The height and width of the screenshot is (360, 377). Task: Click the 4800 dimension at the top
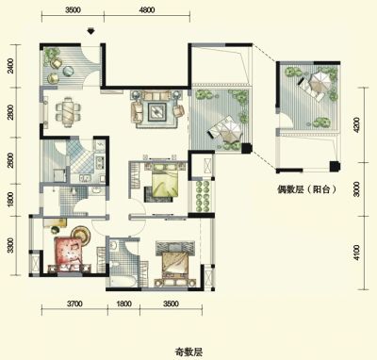point(147,10)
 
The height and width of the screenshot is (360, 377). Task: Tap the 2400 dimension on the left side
point(11,66)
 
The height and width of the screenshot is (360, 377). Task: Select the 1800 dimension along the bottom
point(123,303)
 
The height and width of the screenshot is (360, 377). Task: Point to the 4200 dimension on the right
point(356,125)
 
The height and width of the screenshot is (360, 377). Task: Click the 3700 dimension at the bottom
point(74,303)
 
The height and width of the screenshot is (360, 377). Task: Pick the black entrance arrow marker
point(90,31)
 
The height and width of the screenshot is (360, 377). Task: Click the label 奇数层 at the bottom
point(188,352)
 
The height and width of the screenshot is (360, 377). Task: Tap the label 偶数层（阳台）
point(306,189)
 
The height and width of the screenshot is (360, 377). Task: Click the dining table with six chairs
point(68,111)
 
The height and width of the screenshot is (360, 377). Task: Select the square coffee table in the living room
point(157,110)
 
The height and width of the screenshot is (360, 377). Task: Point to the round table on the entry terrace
point(68,71)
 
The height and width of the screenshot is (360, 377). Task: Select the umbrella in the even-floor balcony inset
point(320,83)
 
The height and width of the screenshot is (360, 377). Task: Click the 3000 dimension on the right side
point(356,189)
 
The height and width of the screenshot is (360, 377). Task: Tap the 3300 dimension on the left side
point(11,245)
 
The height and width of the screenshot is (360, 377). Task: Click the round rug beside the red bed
point(81,235)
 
